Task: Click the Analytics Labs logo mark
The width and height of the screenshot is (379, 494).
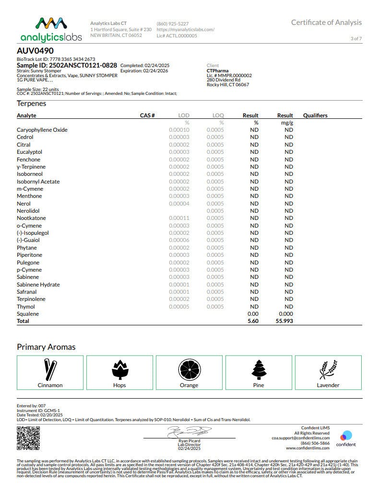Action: tap(50, 24)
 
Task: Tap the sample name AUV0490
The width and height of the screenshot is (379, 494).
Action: tap(35, 51)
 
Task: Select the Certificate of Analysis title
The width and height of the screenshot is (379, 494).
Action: tap(326, 23)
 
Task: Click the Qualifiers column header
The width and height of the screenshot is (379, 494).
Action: tap(315, 115)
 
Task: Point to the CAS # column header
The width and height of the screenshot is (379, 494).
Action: tap(147, 115)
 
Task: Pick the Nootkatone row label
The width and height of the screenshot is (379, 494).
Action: tap(31, 218)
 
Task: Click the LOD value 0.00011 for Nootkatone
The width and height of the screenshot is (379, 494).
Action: tap(179, 218)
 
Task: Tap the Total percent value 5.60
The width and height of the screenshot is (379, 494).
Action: tap(253, 321)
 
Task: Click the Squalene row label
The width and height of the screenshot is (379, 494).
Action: tap(28, 314)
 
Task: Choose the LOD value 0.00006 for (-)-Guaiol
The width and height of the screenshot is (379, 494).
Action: tap(179, 240)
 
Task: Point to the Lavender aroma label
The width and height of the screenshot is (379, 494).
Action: tap(328, 385)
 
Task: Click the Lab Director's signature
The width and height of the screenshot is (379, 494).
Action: tap(189, 432)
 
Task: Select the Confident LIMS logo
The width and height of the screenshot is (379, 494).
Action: tap(345, 438)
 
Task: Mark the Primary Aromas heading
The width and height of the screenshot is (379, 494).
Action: tap(46, 347)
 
